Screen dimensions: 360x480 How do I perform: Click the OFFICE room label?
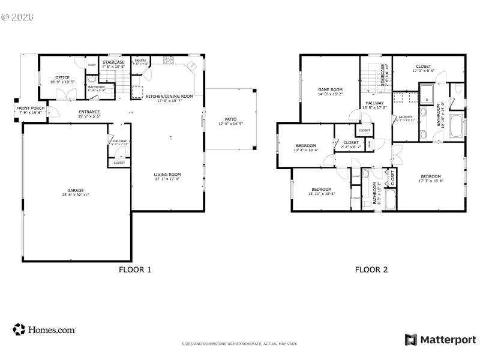[62, 77]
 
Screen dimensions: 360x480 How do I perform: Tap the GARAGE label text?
[76, 191]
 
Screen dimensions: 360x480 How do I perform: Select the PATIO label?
[230, 119]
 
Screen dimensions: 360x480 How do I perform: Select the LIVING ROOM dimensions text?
[167, 179]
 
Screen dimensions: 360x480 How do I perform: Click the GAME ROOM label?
[329, 89]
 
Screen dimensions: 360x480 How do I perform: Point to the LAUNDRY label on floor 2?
[406, 117]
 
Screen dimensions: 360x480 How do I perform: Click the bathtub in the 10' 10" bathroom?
[458, 127]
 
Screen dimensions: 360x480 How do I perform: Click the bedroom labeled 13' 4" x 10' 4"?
[306, 146]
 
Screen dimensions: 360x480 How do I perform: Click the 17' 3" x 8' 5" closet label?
[424, 67]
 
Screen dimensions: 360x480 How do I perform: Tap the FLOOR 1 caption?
[136, 270]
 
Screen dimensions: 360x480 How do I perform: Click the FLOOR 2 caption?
[371, 270]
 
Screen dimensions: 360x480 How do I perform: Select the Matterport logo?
[440, 340]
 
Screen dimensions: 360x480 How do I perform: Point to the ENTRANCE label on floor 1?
[89, 112]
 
